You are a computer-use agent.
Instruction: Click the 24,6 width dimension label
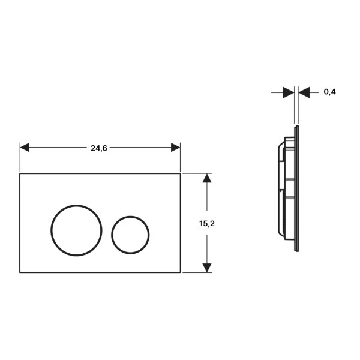coord(99,148)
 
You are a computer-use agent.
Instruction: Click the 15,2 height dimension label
coord(207,223)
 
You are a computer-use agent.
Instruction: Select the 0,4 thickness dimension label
coord(329,92)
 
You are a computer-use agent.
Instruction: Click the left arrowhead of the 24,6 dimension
coord(25,148)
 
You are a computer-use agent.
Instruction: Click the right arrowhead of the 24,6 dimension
coord(176,148)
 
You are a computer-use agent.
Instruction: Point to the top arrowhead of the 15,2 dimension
coord(207,178)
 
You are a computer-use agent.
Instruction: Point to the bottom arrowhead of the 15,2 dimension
coord(207,268)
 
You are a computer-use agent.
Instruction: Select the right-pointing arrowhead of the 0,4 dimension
coord(289,92)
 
